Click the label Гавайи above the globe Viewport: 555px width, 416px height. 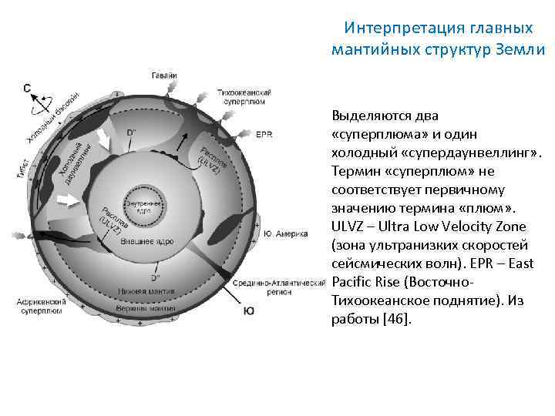tap(164, 74)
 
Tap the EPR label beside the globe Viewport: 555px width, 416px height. tap(264, 134)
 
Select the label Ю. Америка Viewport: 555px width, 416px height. tap(285, 233)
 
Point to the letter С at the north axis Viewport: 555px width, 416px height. tap(27, 89)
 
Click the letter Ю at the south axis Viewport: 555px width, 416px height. tap(249, 310)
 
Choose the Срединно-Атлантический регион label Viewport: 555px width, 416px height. tap(279, 286)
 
